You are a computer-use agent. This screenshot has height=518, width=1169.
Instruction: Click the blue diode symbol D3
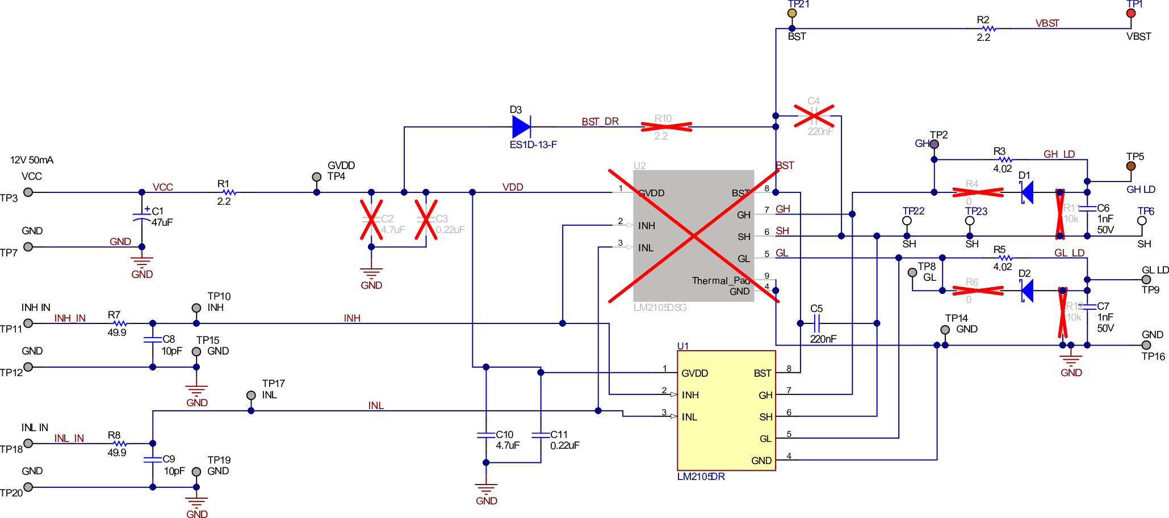click(521, 127)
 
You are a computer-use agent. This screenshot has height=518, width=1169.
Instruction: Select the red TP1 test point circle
click(1131, 13)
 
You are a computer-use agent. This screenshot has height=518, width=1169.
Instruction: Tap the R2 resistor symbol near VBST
click(988, 28)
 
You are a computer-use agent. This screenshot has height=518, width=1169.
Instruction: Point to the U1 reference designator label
click(682, 346)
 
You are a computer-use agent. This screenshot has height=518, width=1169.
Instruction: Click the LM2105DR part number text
click(701, 477)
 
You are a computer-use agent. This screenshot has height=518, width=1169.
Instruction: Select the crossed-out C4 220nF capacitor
click(814, 116)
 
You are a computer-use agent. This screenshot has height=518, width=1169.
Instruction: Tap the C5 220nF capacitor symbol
click(816, 323)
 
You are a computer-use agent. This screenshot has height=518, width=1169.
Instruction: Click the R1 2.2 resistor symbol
click(229, 192)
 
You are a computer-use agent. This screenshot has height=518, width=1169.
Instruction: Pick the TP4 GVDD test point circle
click(317, 177)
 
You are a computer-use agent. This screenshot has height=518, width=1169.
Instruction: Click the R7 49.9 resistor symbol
click(119, 323)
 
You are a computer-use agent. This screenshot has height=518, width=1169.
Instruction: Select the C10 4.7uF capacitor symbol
click(486, 435)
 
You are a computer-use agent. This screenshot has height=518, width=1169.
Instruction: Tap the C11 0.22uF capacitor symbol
click(540, 435)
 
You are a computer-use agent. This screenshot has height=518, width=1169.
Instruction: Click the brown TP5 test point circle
click(1131, 166)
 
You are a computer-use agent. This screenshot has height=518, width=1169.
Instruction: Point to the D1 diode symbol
click(1027, 192)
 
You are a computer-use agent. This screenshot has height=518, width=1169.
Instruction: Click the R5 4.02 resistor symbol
click(1005, 258)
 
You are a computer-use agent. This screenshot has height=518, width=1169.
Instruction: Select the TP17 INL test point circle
click(251, 395)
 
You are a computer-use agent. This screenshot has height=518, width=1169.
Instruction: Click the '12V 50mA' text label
click(32, 160)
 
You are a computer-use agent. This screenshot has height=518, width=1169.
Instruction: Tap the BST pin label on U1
click(762, 373)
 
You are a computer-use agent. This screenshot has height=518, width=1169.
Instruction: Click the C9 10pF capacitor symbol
click(153, 460)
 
